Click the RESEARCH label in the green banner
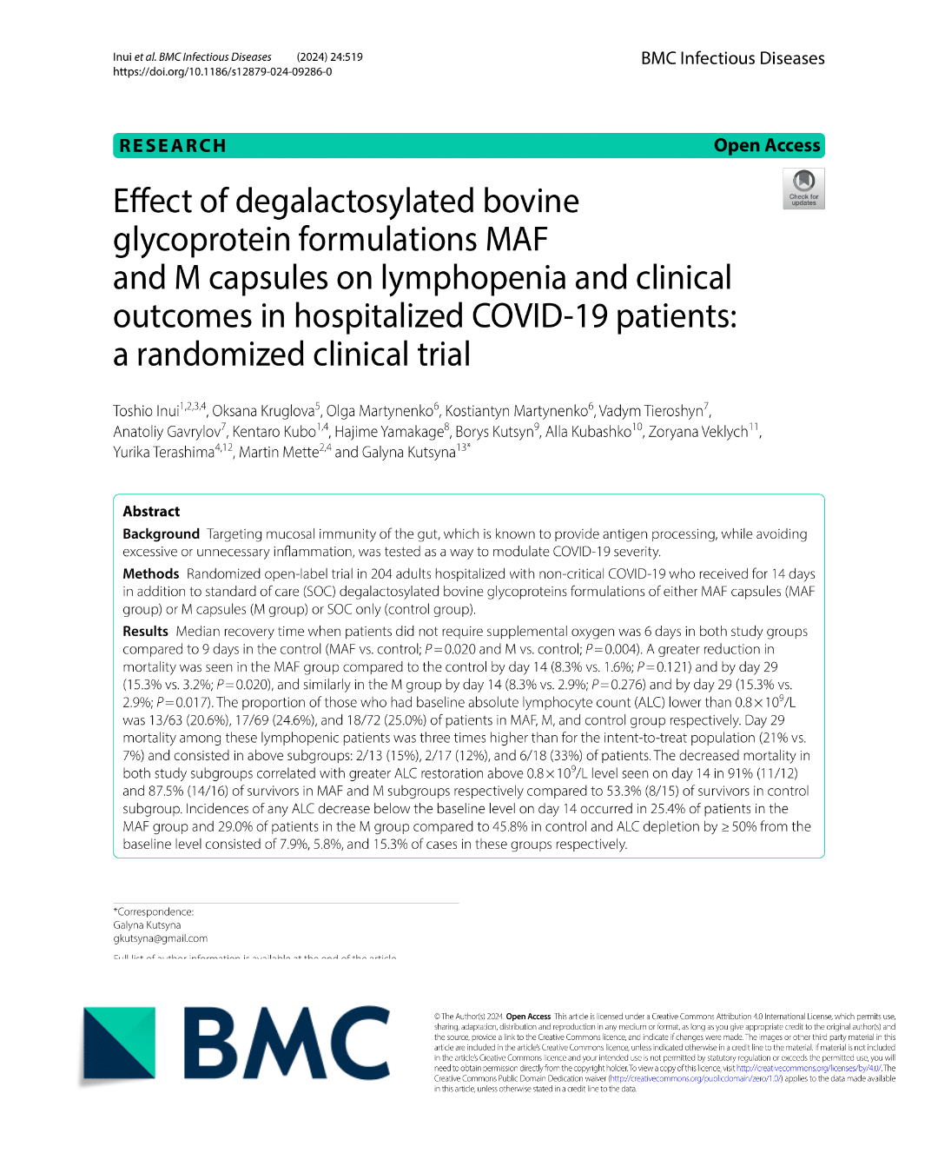tap(173, 146)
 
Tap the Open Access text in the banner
tap(766, 146)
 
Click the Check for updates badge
tap(803, 189)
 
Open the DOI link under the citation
tap(222, 72)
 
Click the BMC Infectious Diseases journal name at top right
tap(732, 58)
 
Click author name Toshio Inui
tap(146, 411)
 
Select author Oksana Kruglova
tap(263, 411)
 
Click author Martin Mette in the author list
tap(278, 453)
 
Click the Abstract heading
tap(151, 512)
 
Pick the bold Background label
tap(161, 534)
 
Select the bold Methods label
tap(150, 574)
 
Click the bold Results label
tap(145, 632)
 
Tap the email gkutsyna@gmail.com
tap(160, 938)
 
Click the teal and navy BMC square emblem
tap(119, 1044)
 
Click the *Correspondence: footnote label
tap(153, 911)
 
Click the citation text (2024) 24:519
tap(329, 57)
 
